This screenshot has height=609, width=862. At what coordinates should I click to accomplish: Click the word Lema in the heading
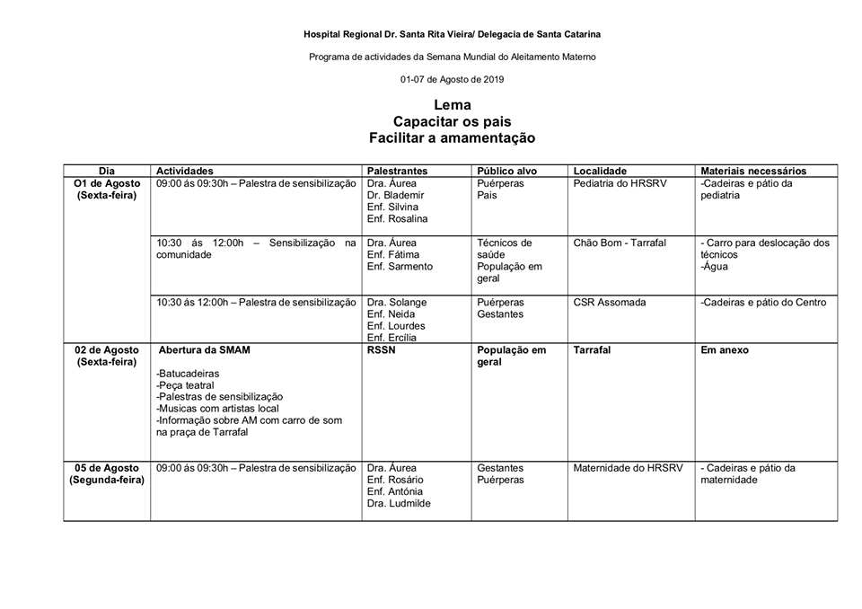click(452, 105)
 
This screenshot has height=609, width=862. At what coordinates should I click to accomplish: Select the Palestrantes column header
click(397, 171)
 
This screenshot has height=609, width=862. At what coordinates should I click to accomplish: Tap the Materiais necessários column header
click(753, 171)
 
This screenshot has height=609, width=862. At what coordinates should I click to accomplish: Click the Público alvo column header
click(506, 171)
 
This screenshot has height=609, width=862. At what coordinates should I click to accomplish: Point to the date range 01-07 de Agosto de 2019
click(452, 79)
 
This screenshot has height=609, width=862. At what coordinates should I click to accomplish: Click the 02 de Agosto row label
click(107, 350)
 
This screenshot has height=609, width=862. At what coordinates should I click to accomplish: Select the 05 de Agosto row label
click(107, 468)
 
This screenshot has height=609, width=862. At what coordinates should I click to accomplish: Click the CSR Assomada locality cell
click(609, 303)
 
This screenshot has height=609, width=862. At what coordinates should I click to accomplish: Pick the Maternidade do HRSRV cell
click(628, 468)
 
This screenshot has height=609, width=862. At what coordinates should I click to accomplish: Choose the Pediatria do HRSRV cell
click(620, 183)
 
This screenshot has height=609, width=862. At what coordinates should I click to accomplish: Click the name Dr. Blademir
click(395, 195)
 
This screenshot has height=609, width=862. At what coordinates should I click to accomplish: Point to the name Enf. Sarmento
click(400, 266)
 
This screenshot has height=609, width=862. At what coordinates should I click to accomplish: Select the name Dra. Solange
click(397, 303)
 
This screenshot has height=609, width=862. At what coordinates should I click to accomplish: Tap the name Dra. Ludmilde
click(399, 503)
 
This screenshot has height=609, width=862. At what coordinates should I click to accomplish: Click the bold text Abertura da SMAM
click(203, 350)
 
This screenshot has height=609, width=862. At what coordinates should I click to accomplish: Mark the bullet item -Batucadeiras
click(187, 374)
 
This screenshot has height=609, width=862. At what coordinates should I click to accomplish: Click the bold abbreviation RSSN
click(383, 350)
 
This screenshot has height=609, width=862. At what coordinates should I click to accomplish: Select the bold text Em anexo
click(724, 350)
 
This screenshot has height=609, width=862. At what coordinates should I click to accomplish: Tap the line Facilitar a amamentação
click(452, 138)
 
